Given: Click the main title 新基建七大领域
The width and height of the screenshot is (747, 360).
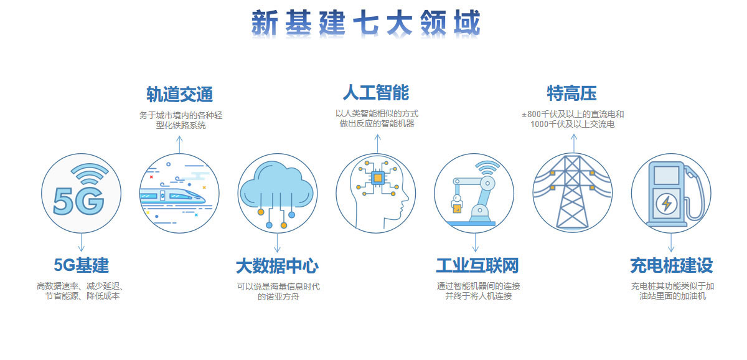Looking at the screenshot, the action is [x=365, y=22].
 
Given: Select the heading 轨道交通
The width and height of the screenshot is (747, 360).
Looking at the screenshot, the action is [x=180, y=94].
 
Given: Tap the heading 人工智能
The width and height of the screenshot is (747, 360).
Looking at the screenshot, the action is [x=376, y=92].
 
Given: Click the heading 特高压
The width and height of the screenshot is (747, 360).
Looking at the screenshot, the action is [x=571, y=93].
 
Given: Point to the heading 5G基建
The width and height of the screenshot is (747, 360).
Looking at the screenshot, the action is [x=82, y=265].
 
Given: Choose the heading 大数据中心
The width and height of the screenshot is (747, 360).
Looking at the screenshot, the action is [x=277, y=266].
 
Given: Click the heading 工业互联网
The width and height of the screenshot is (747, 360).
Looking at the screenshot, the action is [x=477, y=265].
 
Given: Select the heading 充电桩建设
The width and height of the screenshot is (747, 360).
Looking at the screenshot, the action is [x=672, y=265].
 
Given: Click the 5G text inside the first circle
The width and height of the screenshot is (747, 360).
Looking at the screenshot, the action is [x=78, y=201].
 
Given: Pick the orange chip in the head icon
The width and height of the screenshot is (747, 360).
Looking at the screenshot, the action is [x=377, y=178].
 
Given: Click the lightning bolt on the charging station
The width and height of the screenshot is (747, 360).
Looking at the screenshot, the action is [x=666, y=203].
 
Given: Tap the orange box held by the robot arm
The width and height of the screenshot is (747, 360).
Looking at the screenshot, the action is [x=457, y=209].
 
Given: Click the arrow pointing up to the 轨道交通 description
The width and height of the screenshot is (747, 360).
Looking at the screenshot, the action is [x=179, y=144].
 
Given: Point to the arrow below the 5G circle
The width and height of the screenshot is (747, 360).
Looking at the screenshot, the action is [x=82, y=242].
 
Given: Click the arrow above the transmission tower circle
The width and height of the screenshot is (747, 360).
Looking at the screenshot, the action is [x=573, y=143].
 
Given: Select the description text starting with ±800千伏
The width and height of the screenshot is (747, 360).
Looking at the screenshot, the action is [x=573, y=119].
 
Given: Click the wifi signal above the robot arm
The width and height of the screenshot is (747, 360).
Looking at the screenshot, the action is [x=487, y=167].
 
